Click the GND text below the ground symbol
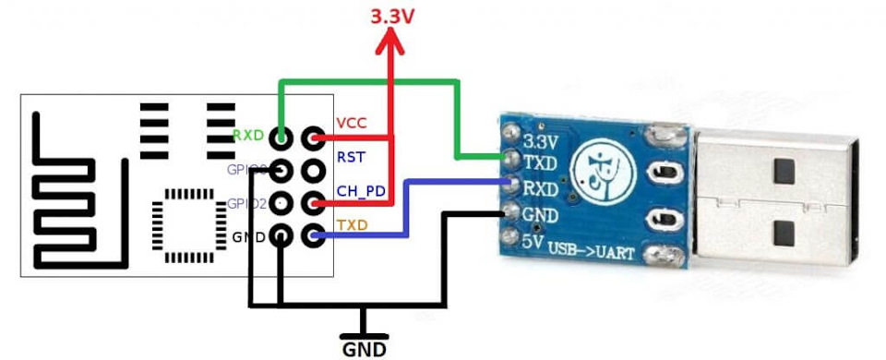[x=365, y=350]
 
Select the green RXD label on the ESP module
[x=248, y=136]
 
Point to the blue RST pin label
[x=350, y=157]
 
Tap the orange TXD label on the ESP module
[x=352, y=224]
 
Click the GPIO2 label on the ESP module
[x=246, y=203]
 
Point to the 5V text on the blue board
[x=533, y=246]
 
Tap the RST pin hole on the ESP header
[x=314, y=171]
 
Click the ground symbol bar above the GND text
[x=364, y=332]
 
